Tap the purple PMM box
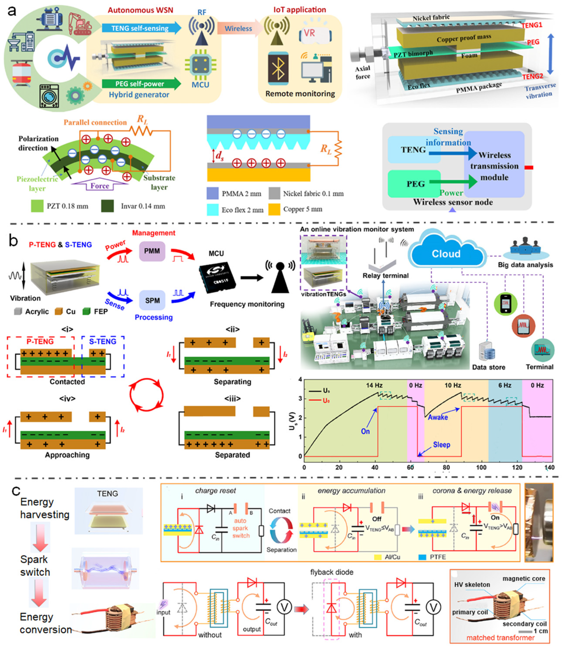click(x=152, y=251)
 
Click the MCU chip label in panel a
click(x=200, y=85)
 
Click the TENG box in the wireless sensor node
click(x=413, y=150)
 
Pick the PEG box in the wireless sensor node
click(x=416, y=184)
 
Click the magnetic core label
click(x=524, y=578)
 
